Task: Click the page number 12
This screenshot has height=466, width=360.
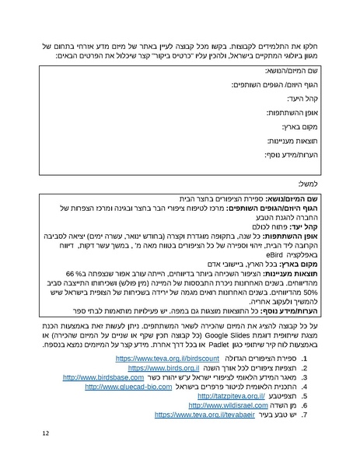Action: pos(47,433)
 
